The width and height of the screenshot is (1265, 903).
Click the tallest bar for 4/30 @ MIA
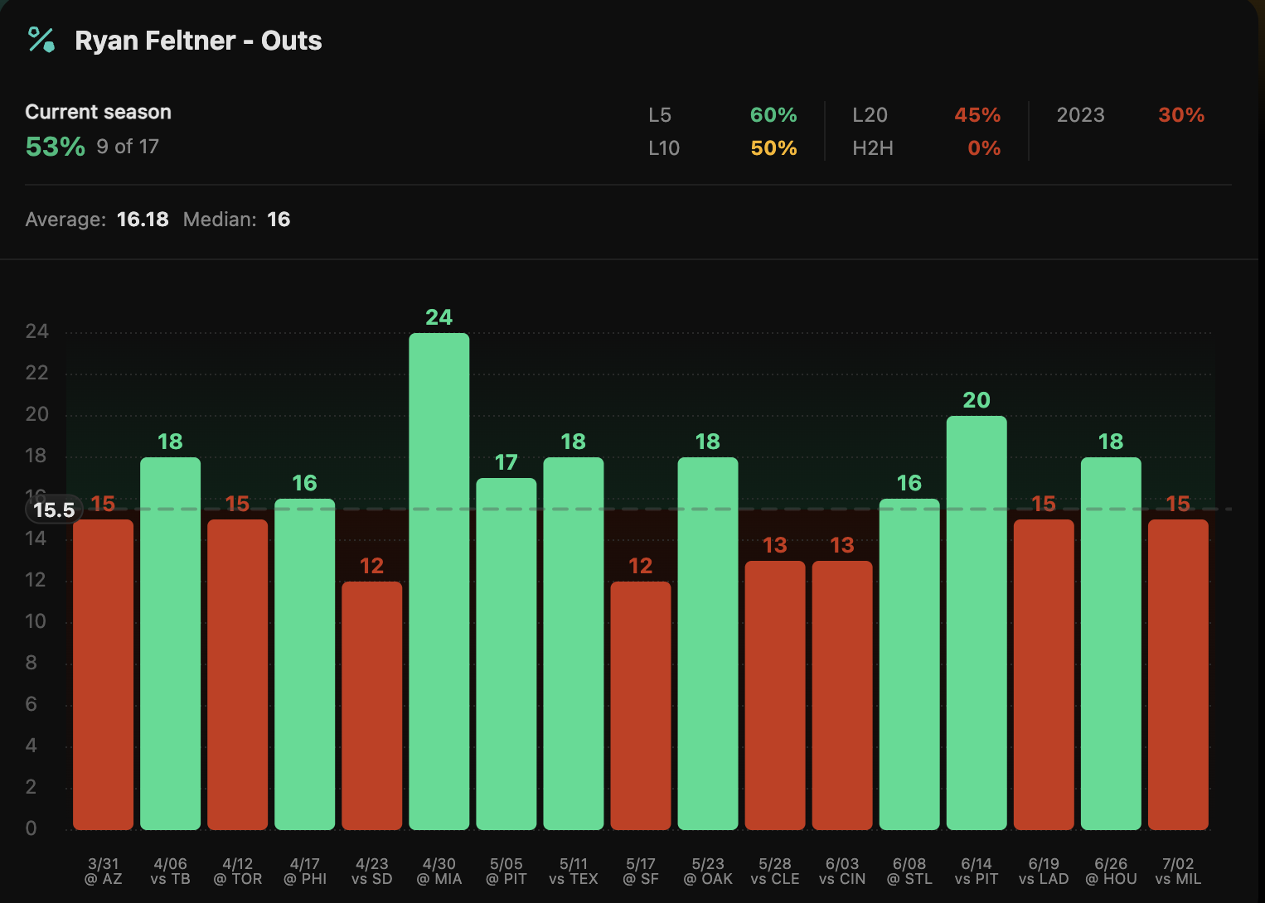(x=439, y=580)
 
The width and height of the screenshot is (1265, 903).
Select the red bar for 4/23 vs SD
(x=371, y=704)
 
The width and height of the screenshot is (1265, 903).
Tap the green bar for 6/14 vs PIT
(x=976, y=621)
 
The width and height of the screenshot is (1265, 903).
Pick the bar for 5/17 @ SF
(x=640, y=704)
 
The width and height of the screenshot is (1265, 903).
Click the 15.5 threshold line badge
(x=55, y=509)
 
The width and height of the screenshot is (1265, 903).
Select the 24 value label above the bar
(x=439, y=317)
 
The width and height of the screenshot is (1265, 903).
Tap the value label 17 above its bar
(x=506, y=462)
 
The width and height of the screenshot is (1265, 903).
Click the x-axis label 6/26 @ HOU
(x=1110, y=872)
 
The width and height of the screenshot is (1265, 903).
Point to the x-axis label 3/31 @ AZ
(x=103, y=872)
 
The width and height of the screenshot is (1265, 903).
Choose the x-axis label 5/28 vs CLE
(x=774, y=872)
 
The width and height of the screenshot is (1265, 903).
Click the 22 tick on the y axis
(x=36, y=373)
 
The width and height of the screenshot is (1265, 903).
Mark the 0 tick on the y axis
(x=32, y=828)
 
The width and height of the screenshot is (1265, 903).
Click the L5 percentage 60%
(x=773, y=115)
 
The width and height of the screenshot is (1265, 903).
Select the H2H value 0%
(x=984, y=148)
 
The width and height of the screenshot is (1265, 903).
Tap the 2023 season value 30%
(x=1180, y=115)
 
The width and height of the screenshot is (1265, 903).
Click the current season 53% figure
(x=55, y=147)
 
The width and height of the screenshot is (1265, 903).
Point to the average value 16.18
(x=143, y=220)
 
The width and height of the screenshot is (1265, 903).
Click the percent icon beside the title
(x=41, y=40)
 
